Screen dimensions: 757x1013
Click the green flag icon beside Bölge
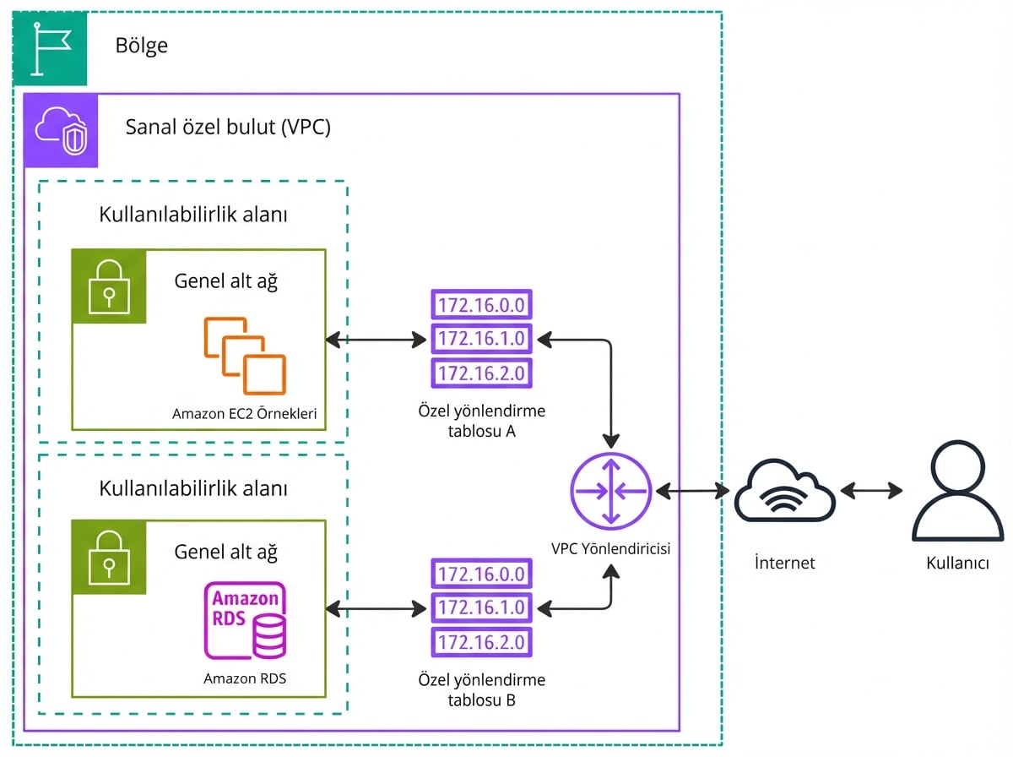(50, 48)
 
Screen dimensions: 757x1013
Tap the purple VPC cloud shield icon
(61, 130)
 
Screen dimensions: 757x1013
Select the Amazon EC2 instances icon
(245, 356)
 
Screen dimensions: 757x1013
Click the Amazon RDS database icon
(245, 621)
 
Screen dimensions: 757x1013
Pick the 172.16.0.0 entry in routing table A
(482, 304)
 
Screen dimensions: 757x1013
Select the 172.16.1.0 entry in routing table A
(482, 339)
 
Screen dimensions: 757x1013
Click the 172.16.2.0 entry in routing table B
(482, 641)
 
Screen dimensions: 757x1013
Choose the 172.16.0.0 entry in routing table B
(482, 574)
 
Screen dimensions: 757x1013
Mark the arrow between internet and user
(871, 491)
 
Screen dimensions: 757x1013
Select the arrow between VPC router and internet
(692, 490)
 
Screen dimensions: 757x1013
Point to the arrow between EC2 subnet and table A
(376, 340)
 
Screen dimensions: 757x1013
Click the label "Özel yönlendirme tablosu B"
(482, 689)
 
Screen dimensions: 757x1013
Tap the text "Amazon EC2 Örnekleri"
(245, 414)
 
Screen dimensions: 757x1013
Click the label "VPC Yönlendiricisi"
(610, 548)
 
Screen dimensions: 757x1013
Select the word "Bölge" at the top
(142, 46)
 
